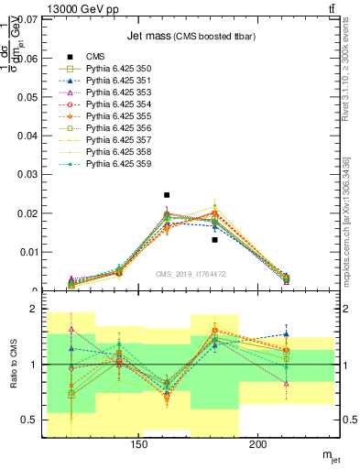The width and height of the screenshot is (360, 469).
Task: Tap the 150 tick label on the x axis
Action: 138,445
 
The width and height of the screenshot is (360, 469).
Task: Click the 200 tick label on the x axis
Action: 257,445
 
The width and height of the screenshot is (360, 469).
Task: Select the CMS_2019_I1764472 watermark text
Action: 191,274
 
